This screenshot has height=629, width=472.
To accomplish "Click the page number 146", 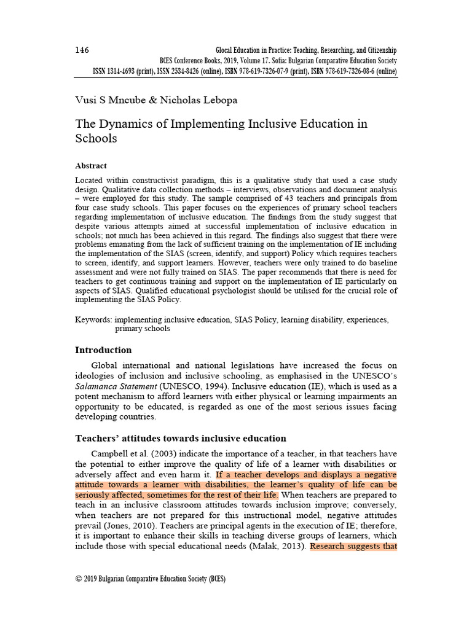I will pyautogui.click(x=83, y=50).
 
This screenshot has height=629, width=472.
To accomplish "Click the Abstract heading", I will pyautogui.click(x=91, y=166).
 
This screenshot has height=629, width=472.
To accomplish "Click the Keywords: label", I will pyautogui.click(x=93, y=320).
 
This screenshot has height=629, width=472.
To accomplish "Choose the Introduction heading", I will pyautogui.click(x=103, y=350).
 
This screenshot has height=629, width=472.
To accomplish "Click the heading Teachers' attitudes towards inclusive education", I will pyautogui.click(x=181, y=438).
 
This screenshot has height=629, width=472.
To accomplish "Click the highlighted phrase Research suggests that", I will pyautogui.click(x=353, y=545).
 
